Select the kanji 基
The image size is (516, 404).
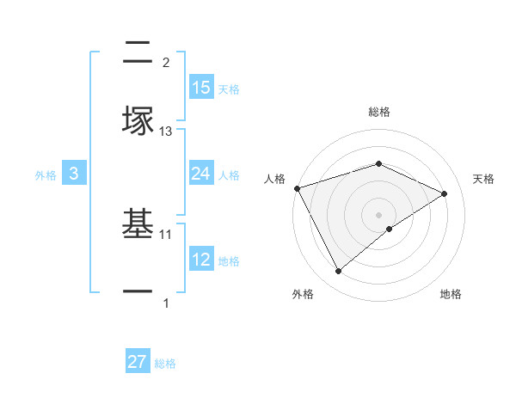[x=138, y=225]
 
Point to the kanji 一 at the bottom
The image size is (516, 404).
[x=138, y=292]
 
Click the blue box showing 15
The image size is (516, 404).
[x=201, y=88]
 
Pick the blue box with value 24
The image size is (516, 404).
[x=201, y=174]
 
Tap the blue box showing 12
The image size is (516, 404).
[x=201, y=260]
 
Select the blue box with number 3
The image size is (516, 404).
[x=74, y=174]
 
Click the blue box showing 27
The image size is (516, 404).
[x=138, y=362]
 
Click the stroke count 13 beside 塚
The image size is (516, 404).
[x=166, y=132]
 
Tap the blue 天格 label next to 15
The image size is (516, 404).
[x=229, y=89]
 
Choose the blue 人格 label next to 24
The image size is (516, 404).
[x=229, y=174]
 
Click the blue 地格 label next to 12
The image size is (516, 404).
[x=229, y=260]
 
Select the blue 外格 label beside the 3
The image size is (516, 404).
[x=46, y=174]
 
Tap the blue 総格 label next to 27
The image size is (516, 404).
[x=165, y=363]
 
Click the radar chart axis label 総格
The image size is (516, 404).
[x=378, y=112]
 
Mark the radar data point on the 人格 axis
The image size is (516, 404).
[x=297, y=188]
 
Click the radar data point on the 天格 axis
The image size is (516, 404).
[x=445, y=193]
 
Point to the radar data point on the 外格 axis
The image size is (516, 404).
[x=338, y=271]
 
